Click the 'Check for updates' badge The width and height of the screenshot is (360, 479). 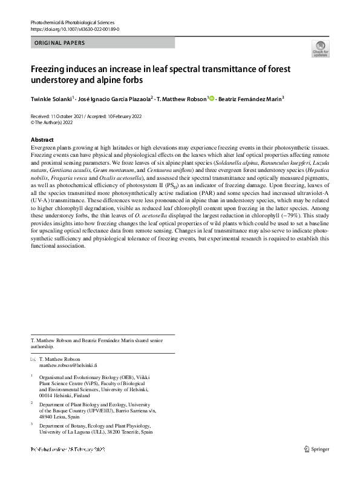(x=319, y=48)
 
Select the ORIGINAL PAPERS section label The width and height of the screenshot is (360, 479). (x=60, y=43)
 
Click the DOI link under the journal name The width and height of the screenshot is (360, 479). (x=74, y=29)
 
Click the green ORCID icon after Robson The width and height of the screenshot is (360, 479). (x=211, y=98)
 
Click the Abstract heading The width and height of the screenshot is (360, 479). (x=42, y=140)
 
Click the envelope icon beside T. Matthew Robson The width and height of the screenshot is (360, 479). (x=33, y=360)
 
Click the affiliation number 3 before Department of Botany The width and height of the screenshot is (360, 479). (x=33, y=424)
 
